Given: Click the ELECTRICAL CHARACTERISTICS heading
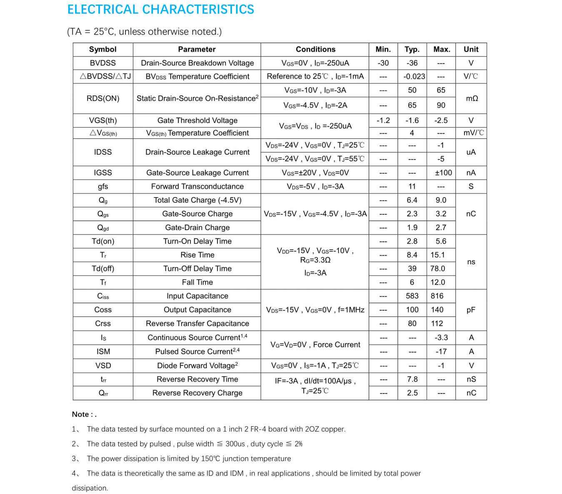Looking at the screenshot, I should click(160, 10).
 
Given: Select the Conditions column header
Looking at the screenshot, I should click(315, 49).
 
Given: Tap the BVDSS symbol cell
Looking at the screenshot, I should click(103, 63).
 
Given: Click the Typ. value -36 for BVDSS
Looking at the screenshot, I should click(412, 63).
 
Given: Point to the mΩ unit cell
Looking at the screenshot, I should click(472, 98).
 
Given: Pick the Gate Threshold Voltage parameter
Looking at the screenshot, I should click(197, 120).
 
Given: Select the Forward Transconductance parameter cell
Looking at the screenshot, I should click(197, 186).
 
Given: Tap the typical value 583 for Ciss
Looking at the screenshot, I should click(412, 296).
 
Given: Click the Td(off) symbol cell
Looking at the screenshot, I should click(103, 268).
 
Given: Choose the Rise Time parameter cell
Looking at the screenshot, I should click(197, 255).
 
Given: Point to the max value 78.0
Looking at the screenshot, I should click(438, 268).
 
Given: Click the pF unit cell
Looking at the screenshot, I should click(471, 310).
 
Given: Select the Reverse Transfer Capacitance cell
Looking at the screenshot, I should click(197, 323).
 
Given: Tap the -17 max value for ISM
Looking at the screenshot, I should click(441, 351).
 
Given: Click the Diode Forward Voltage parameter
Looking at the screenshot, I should click(197, 366).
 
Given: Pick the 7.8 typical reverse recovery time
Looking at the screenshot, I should click(412, 379).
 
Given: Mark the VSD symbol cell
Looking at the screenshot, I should click(103, 366).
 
